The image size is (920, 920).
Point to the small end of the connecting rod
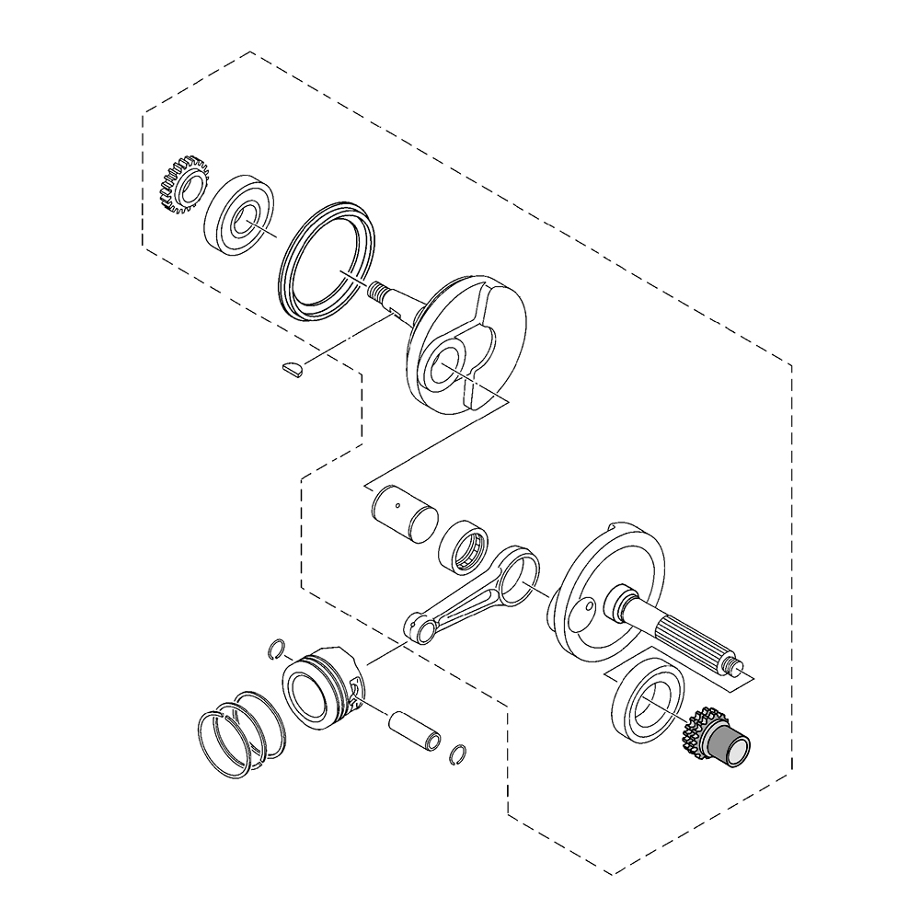(422, 628)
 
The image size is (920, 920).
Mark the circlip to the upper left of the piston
(275, 650)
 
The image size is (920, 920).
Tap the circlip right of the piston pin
(457, 754)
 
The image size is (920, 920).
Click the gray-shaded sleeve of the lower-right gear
(731, 744)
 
